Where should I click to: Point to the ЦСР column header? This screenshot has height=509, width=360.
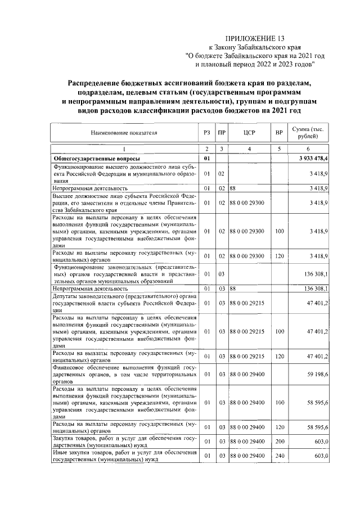pyautogui.click(x=250, y=133)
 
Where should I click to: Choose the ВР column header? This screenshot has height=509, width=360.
pyautogui.click(x=278, y=133)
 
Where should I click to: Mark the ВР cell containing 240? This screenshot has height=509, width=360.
pyautogui.click(x=278, y=455)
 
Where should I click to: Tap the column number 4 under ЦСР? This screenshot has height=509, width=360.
pyautogui.click(x=250, y=148)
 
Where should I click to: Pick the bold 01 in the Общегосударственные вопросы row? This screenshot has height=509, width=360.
pyautogui.click(x=207, y=159)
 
